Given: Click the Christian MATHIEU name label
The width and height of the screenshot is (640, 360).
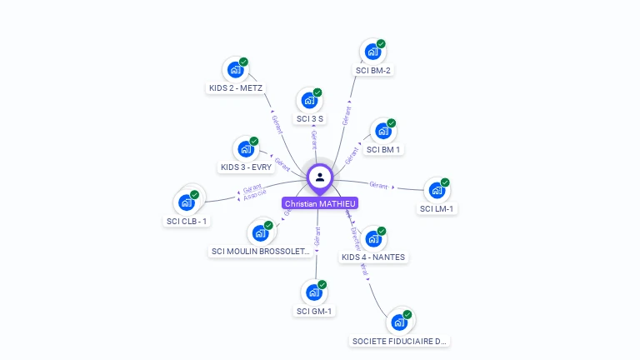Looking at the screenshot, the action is tap(320, 203).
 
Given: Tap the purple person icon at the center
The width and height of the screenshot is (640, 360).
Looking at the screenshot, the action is tap(320, 177).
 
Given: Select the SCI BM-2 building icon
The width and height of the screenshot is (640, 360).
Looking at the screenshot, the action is tap(372, 52).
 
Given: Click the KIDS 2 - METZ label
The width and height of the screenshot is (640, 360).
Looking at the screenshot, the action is tap(236, 87).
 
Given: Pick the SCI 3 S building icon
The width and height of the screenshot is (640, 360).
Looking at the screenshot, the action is tap(309, 101).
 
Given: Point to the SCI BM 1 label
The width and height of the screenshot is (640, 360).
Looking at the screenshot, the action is tap(383, 150).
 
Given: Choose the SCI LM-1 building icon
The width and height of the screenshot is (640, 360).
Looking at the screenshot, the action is tap(437, 191).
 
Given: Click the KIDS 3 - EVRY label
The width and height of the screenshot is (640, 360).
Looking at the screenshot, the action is tap(247, 167).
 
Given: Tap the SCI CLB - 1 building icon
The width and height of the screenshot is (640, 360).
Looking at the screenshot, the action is tap(186, 202).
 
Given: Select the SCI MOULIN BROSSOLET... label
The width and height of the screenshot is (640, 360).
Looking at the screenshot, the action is tap(261, 251).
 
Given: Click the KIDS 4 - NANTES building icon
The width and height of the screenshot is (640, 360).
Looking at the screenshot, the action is tap(372, 239).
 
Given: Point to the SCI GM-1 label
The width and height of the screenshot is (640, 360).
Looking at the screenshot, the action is tap(314, 311).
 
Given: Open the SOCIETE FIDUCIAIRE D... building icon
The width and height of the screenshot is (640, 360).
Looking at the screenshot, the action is tap(399, 322).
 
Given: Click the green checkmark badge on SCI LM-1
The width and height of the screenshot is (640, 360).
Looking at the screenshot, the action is tap(445, 182).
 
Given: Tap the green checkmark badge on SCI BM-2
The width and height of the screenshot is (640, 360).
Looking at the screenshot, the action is tap(381, 43).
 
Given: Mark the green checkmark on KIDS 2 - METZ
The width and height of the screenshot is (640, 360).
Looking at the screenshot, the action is tap(244, 62).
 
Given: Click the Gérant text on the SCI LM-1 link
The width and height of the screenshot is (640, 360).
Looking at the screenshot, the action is tap(378, 184).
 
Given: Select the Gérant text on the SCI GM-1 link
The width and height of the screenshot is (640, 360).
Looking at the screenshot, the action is tap(317, 237).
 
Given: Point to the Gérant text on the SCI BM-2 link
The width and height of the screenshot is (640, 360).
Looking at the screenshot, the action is tap(347, 115).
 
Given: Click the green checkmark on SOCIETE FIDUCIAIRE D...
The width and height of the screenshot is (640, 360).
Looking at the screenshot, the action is tap(407, 314).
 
